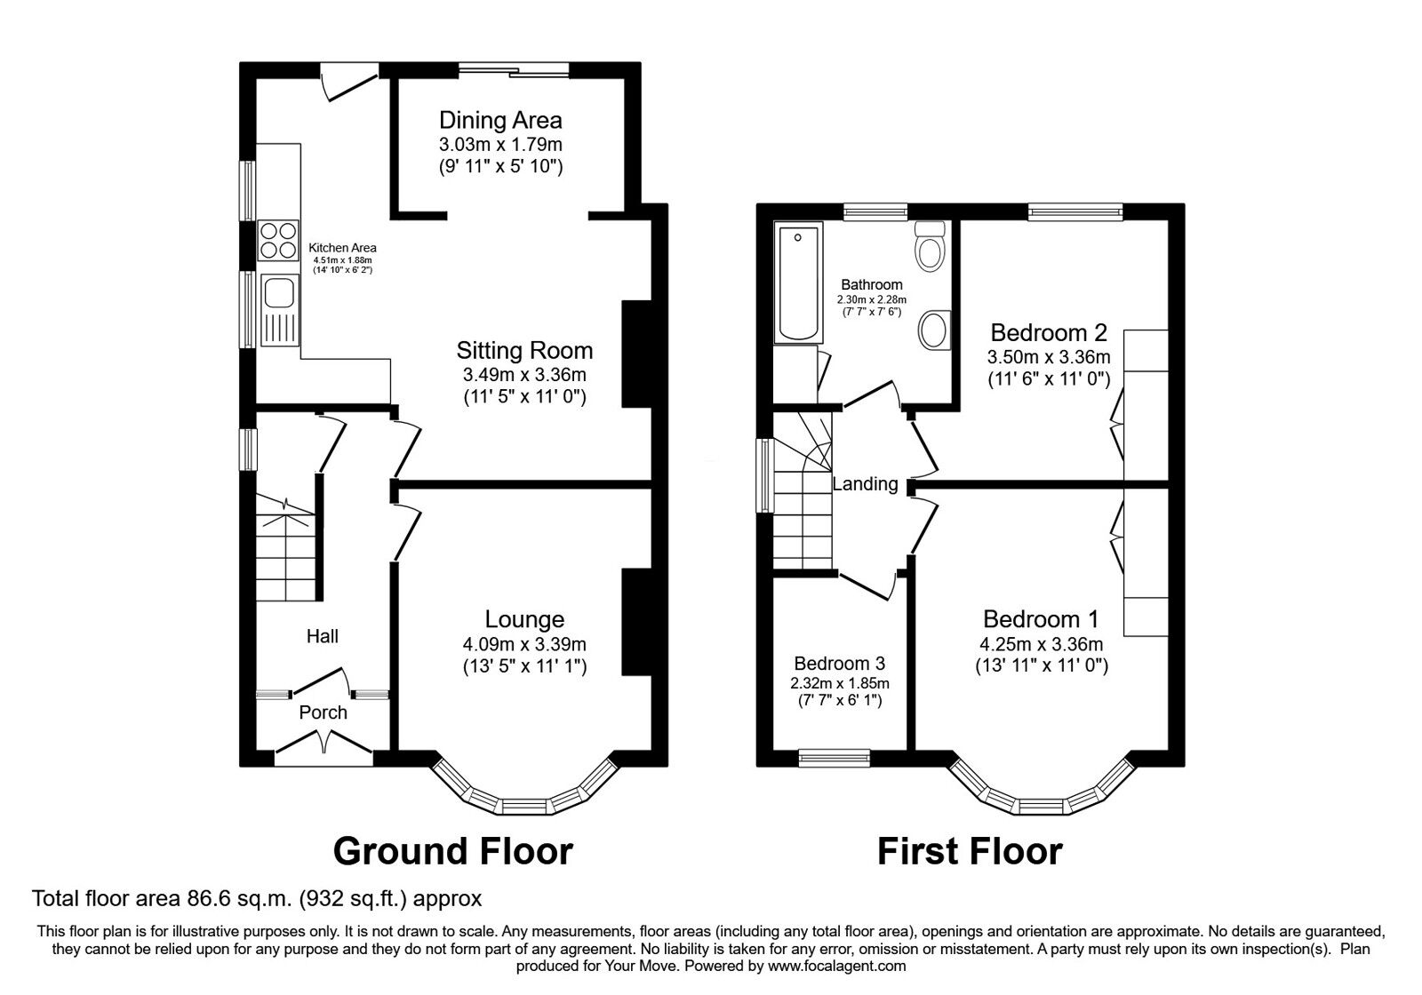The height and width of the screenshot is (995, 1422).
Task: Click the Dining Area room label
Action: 500,120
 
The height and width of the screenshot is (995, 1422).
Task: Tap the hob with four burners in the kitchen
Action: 278,241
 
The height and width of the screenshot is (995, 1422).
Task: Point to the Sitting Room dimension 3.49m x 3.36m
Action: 524,375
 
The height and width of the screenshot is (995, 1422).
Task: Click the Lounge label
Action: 524,619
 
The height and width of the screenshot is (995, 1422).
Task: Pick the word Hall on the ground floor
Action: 322,636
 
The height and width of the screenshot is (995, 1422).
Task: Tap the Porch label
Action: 323,712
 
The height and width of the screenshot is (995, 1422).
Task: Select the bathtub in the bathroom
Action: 798,283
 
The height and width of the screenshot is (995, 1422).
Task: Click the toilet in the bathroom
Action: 931,245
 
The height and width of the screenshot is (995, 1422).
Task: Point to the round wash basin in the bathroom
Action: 934,330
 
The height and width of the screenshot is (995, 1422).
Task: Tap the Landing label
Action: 865,484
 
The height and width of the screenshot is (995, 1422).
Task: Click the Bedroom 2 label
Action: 1049,333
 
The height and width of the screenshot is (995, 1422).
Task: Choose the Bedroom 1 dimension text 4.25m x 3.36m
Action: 1042,644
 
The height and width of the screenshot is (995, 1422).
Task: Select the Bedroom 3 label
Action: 839,664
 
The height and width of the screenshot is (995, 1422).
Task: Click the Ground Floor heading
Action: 452,851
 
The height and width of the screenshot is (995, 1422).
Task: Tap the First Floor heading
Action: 969,851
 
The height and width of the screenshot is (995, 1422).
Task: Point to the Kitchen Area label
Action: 342,248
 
